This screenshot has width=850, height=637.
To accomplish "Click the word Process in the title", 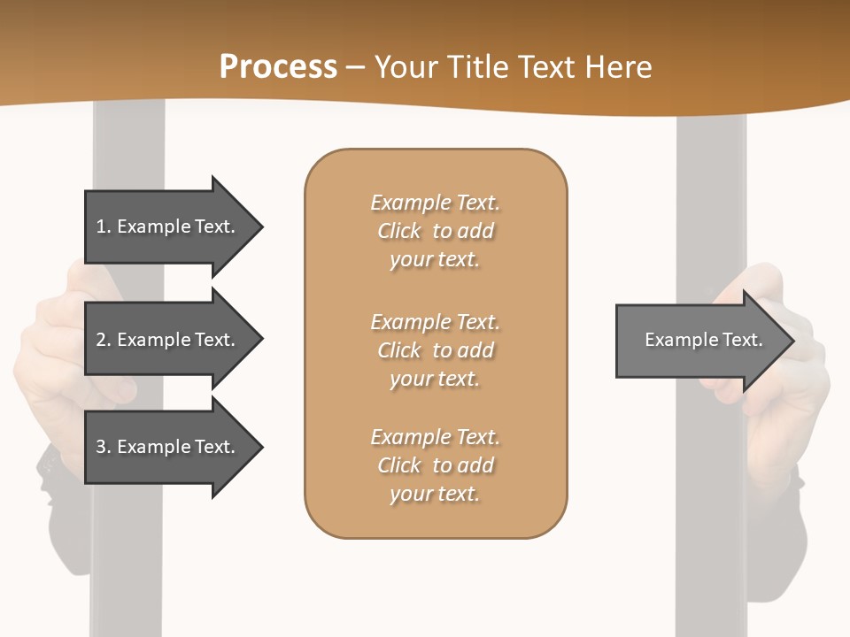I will (278, 67).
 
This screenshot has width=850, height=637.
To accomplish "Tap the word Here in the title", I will (617, 67).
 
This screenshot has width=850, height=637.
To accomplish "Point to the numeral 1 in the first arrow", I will (101, 226).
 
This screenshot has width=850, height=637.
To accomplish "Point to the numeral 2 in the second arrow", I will (101, 340).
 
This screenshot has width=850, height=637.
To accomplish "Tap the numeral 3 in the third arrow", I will (101, 447).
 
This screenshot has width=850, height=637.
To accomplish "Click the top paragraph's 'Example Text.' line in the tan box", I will (435, 203).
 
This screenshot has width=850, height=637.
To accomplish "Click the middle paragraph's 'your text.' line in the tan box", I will (435, 379).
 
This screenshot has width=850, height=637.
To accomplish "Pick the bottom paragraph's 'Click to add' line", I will (435, 465).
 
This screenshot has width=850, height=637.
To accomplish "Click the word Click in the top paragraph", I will (399, 231).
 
